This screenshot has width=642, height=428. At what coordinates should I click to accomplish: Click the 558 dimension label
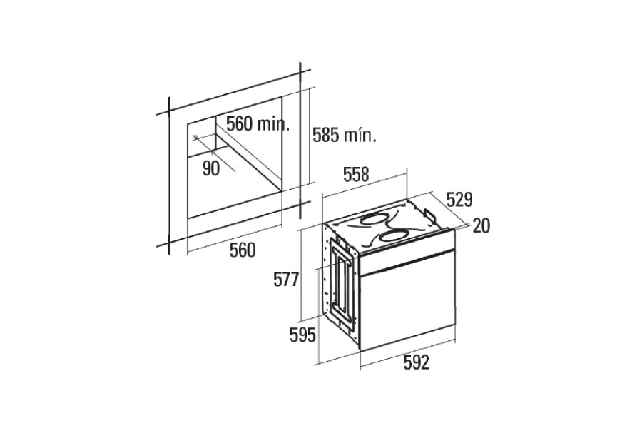356,175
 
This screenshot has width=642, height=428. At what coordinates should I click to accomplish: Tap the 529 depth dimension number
459,200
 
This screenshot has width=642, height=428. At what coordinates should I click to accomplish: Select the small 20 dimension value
481,226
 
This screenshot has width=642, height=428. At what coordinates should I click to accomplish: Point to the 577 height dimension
287,280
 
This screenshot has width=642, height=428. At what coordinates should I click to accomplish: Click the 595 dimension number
303,335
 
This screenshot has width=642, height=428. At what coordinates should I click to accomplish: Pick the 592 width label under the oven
417,362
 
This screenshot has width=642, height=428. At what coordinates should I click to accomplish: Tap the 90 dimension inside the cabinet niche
211,168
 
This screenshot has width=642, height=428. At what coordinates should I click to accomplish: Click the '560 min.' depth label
258,123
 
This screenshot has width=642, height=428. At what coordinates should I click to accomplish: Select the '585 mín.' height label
345,135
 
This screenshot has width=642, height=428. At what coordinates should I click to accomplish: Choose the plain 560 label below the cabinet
243,250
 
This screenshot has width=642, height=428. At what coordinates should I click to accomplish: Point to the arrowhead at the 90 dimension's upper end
196,136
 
